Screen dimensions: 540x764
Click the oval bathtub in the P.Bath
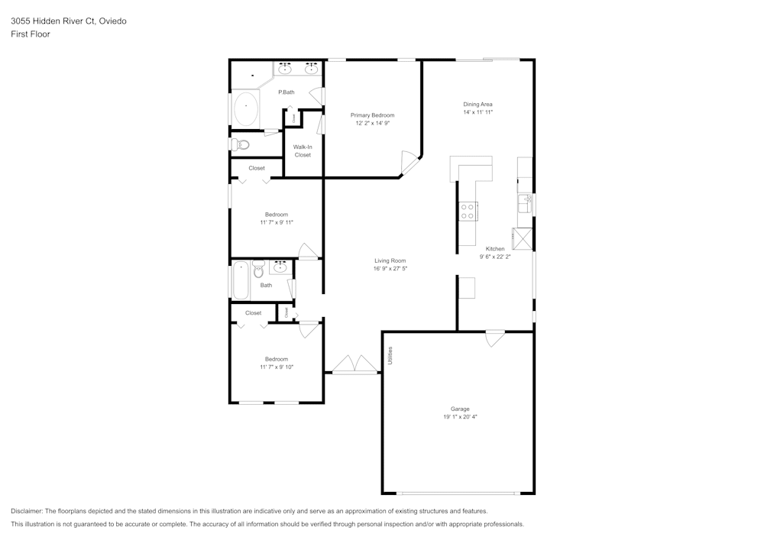[x=246, y=109]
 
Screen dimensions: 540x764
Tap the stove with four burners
[x=468, y=211]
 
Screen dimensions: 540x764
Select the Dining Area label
[x=477, y=104]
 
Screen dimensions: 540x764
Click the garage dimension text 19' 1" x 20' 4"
[x=460, y=417]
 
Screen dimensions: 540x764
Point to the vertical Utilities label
[x=390, y=355]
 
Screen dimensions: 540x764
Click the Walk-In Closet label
[x=303, y=150]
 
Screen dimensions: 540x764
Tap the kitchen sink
[x=525, y=203]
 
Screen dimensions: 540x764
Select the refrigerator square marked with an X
[x=523, y=238]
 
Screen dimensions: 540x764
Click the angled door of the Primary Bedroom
[x=411, y=160]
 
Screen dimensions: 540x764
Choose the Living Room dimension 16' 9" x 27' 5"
[x=390, y=268]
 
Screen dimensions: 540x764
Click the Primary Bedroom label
[x=372, y=115]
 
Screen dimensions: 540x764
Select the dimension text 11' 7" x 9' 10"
[x=276, y=367]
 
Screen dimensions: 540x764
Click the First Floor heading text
[x=31, y=34]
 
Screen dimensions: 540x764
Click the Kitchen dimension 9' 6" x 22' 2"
[x=495, y=257]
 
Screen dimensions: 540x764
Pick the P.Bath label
[x=286, y=92]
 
